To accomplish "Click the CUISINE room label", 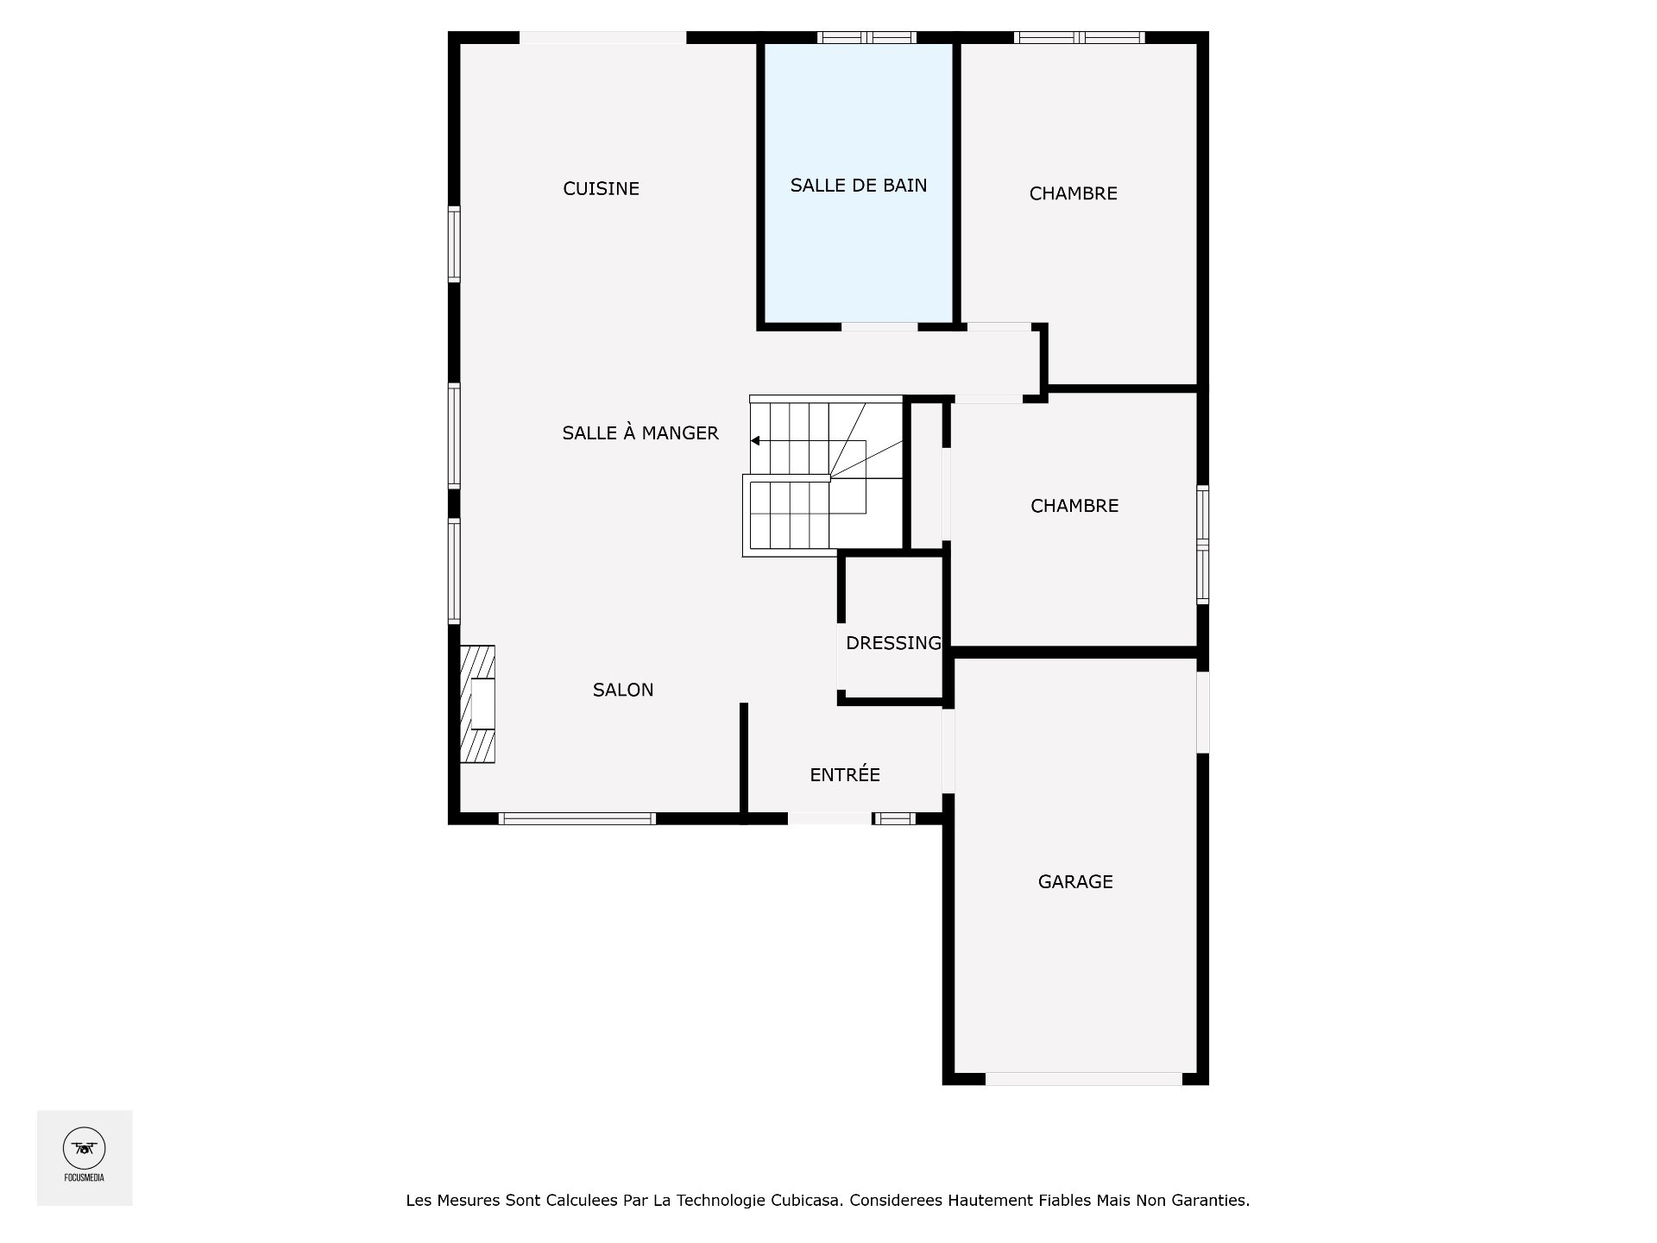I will click(601, 189).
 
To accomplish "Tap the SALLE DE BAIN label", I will click(859, 186).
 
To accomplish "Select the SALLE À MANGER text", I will click(639, 433).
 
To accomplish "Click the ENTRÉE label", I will click(845, 775).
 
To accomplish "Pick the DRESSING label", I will click(893, 643).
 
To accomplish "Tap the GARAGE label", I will click(1075, 882).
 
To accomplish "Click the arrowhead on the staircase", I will click(755, 441).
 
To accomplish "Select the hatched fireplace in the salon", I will click(477, 704).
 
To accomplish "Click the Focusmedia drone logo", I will click(85, 1149).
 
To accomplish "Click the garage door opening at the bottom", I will click(1083, 1078).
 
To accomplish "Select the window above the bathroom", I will click(866, 37).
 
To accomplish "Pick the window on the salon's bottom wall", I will click(577, 818).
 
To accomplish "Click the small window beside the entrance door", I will click(894, 818).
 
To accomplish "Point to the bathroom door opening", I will click(879, 327).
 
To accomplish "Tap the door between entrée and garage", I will click(948, 750).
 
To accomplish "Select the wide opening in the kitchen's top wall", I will click(602, 38).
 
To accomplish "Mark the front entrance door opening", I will click(829, 818).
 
